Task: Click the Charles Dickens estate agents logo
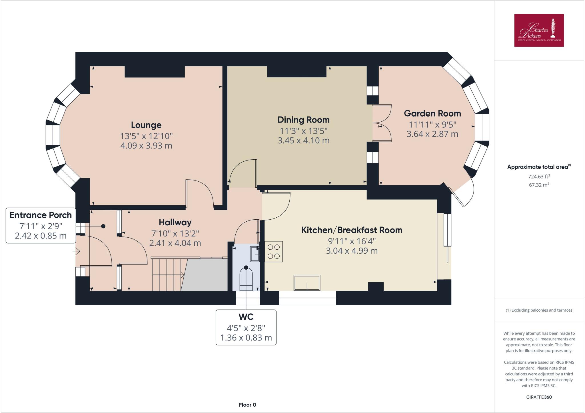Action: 539,30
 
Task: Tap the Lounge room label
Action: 146,125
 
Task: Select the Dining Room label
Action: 303,120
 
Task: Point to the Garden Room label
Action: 432,113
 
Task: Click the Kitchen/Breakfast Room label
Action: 352,230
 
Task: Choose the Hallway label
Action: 175,222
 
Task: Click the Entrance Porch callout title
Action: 41,215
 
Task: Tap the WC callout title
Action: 246,317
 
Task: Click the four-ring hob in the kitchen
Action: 274,252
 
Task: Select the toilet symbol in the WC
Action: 246,277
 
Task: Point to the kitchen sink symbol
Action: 307,282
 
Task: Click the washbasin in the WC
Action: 255,254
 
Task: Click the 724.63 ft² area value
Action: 539,177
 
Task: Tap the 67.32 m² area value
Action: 539,185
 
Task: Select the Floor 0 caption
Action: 247,405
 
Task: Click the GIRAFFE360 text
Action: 539,397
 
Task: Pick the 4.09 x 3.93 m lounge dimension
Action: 146,146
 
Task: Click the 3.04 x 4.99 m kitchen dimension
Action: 352,251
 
